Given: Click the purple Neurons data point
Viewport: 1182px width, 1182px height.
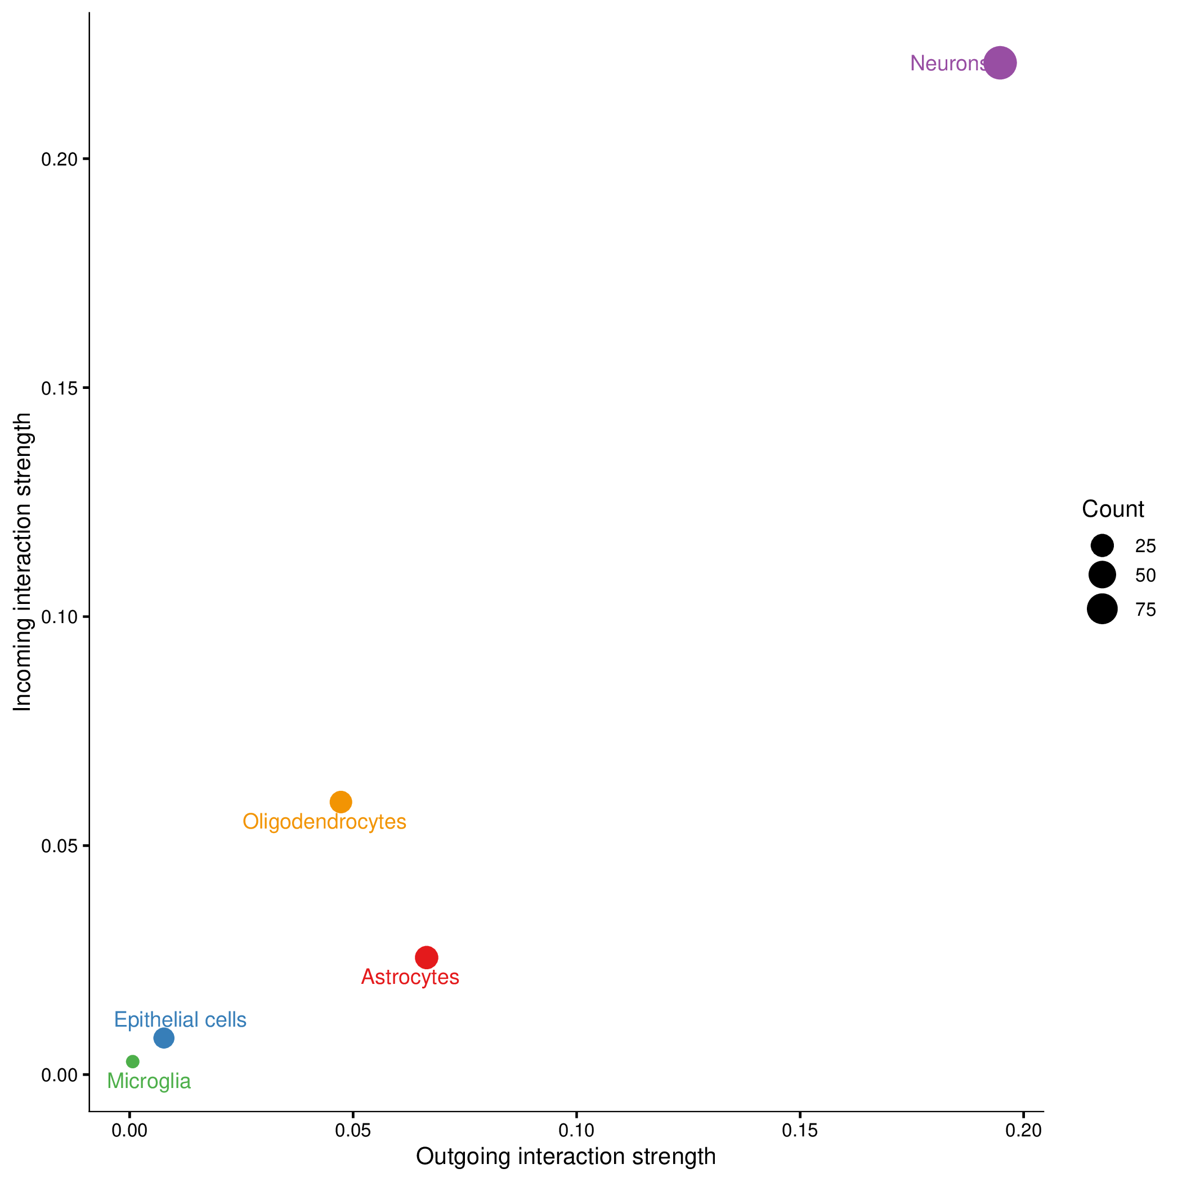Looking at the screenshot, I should tap(1000, 62).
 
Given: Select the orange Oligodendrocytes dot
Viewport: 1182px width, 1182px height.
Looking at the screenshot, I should tap(341, 802).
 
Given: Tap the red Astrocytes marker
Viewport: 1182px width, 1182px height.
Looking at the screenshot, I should tap(427, 957).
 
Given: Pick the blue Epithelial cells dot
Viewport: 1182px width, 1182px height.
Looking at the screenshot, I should tap(163, 1037).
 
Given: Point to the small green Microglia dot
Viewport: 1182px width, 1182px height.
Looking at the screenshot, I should tap(133, 1061).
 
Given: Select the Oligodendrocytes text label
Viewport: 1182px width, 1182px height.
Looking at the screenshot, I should tap(324, 822).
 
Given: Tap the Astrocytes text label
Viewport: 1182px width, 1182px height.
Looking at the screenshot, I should tap(410, 977).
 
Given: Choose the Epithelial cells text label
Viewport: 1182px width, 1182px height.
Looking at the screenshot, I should tap(180, 1020).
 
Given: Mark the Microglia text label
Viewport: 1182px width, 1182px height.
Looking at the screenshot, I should tap(149, 1081).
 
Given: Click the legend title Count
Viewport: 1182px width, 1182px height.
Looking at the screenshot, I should tap(1113, 509).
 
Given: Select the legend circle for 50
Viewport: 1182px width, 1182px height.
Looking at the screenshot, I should tap(1102, 575).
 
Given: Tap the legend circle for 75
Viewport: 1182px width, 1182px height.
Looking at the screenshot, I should tap(1102, 609).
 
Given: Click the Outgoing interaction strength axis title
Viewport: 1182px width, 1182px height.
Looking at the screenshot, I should tap(565, 1157).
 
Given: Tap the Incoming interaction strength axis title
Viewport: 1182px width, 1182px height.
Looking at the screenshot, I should tap(23, 562).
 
